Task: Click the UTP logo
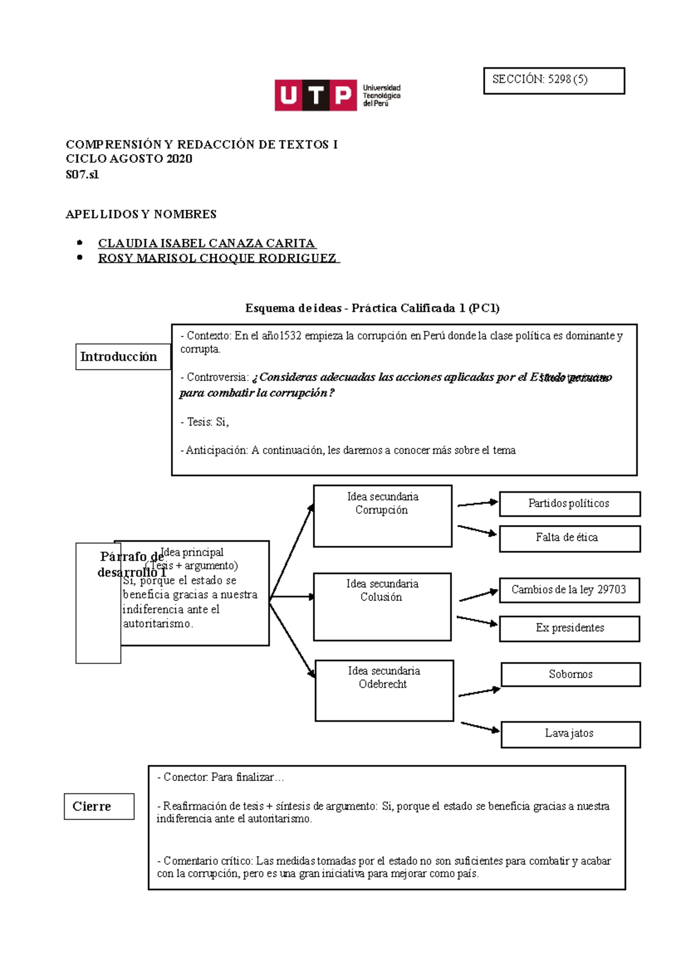click(x=337, y=95)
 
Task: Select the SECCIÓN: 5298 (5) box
click(x=553, y=81)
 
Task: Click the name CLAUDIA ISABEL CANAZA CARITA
click(x=206, y=243)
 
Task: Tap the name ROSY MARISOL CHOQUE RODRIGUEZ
click(x=218, y=258)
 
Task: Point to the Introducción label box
click(x=123, y=357)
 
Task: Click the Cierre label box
click(x=99, y=807)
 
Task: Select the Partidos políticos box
click(x=569, y=504)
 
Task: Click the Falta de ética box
click(x=569, y=538)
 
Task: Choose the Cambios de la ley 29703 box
click(x=569, y=590)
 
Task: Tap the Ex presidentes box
click(x=569, y=628)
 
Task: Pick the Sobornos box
click(x=571, y=675)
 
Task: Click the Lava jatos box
click(x=571, y=734)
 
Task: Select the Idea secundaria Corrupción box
click(x=382, y=516)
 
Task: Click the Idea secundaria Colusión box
click(x=382, y=606)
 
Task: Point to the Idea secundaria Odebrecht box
click(x=384, y=690)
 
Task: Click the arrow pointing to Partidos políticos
click(x=477, y=504)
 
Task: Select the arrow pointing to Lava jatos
click(x=480, y=727)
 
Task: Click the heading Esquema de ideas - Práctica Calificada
click(x=372, y=308)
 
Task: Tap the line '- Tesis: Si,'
click(x=205, y=422)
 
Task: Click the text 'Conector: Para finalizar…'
click(x=221, y=777)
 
